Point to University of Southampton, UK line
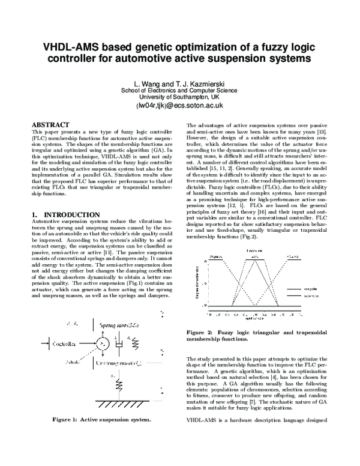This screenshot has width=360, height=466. point(179,96)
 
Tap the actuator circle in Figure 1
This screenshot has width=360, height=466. point(103,343)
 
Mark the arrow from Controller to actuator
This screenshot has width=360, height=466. point(87,344)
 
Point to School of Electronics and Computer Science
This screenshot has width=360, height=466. point(179,89)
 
